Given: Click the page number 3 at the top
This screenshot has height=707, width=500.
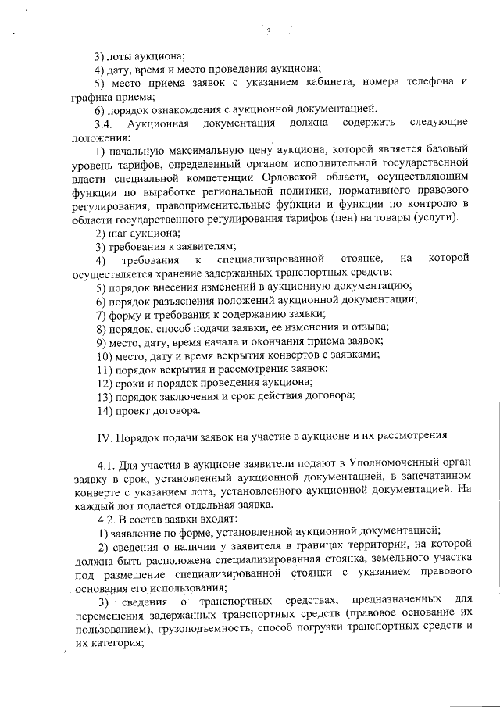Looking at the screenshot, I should [x=267, y=32].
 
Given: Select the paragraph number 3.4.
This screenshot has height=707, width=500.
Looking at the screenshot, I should [x=104, y=123].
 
